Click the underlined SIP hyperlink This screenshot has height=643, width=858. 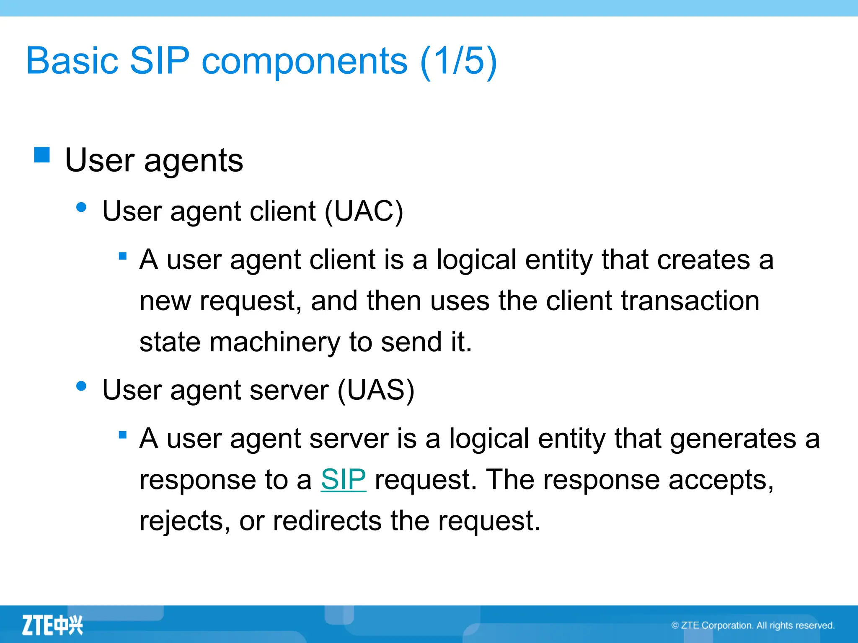[x=343, y=479]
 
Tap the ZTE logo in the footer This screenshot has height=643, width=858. [x=52, y=625]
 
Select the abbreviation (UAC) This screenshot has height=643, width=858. [x=364, y=211]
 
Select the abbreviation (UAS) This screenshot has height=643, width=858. [x=376, y=390]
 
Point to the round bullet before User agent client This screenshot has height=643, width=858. [x=81, y=207]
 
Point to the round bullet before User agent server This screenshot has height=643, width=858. [x=81, y=386]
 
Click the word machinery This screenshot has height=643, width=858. [x=275, y=342]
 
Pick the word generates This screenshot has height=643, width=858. [x=732, y=439]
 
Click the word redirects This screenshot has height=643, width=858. [x=327, y=521]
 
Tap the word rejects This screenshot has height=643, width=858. [x=184, y=521]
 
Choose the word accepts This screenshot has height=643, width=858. [x=720, y=480]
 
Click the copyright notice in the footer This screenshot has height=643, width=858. [x=753, y=625]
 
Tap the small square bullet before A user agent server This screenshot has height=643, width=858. [x=123, y=435]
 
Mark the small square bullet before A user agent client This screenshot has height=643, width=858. [x=123, y=256]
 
